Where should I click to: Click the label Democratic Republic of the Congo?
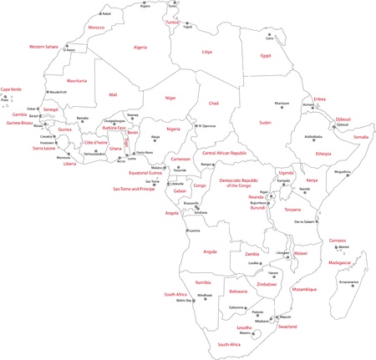[241, 183]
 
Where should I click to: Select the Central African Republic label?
[226, 154]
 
